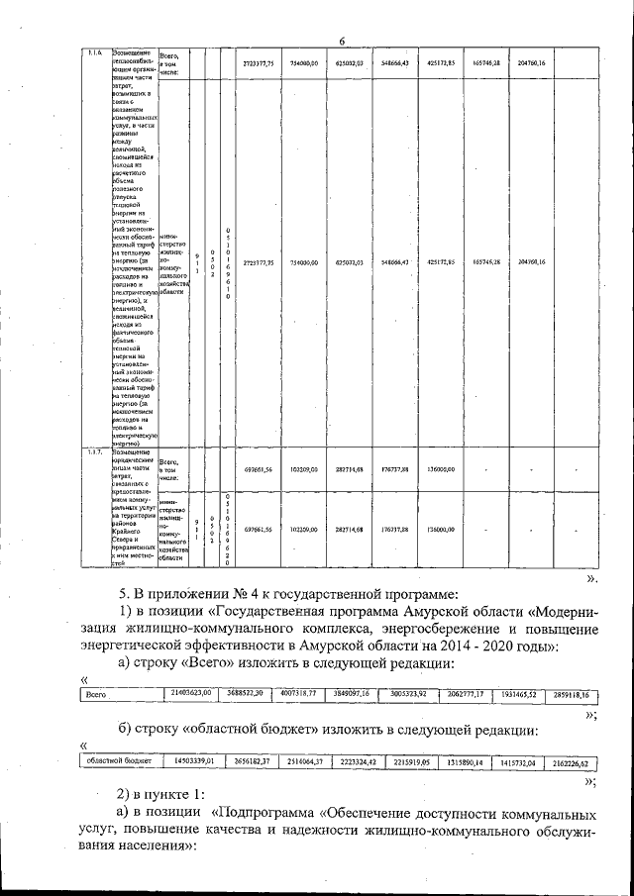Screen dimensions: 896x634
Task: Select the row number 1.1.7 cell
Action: [x=96, y=452]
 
